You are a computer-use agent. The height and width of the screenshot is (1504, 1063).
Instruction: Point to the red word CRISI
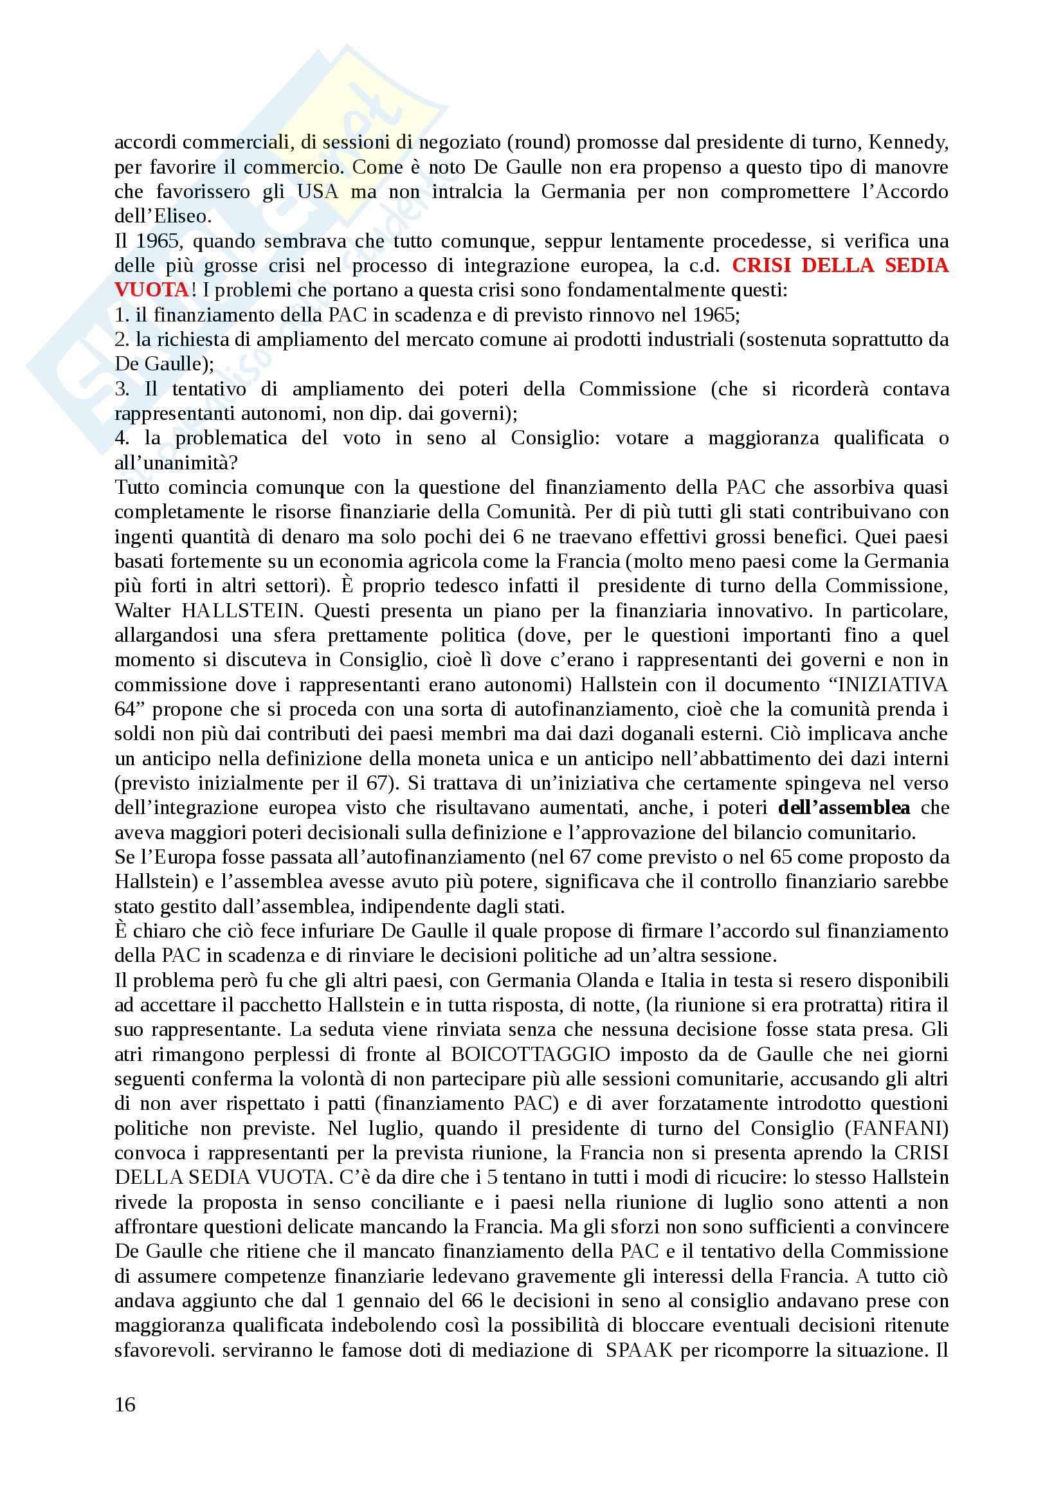(759, 266)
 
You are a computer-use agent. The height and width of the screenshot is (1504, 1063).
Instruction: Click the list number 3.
(120, 389)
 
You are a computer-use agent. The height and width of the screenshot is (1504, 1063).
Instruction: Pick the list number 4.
(121, 439)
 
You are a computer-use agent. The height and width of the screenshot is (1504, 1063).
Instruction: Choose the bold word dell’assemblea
(844, 808)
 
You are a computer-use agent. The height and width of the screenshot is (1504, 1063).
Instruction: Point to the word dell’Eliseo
(163, 216)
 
